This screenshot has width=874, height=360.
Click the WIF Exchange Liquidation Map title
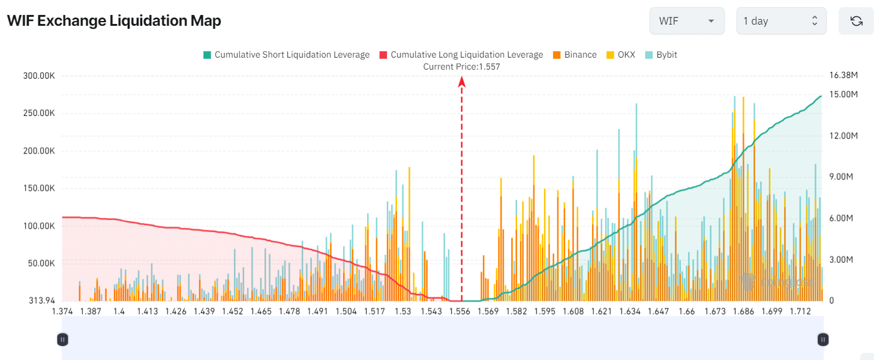click(114, 20)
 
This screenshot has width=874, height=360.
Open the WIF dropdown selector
click(687, 20)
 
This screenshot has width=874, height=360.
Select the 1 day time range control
click(781, 20)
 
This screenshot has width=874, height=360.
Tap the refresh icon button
click(857, 20)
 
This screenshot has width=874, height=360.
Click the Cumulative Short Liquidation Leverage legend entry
click(286, 55)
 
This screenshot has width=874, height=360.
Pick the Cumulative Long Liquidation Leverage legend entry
click(461, 55)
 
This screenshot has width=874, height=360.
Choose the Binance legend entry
click(575, 55)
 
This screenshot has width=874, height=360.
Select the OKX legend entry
click(621, 55)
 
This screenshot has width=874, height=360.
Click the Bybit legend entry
click(661, 55)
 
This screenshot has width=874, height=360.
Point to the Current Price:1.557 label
click(461, 67)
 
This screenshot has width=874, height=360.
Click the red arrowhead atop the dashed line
click(461, 81)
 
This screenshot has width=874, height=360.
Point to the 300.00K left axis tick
click(39, 76)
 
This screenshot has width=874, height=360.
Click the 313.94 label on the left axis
click(42, 301)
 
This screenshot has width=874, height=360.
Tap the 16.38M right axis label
click(843, 76)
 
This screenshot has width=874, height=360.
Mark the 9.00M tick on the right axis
click(841, 177)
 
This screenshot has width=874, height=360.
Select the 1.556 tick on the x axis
click(459, 311)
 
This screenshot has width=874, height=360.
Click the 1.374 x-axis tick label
click(62, 311)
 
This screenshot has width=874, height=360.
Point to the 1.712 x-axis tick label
click(800, 311)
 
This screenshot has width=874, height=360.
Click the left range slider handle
click(62, 340)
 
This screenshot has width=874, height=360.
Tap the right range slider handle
click(823, 340)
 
